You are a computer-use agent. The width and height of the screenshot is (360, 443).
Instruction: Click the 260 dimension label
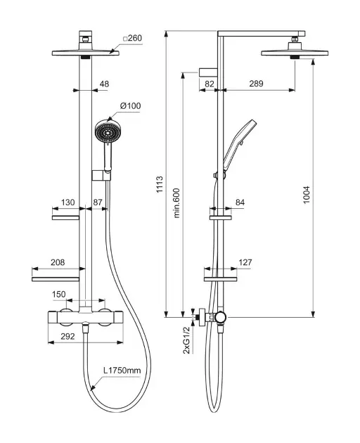click(x=132, y=38)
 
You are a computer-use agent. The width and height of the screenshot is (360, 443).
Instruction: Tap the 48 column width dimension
click(x=104, y=84)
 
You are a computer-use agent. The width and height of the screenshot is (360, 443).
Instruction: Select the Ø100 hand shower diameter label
click(x=130, y=106)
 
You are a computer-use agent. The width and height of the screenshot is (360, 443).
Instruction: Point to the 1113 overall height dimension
click(x=160, y=184)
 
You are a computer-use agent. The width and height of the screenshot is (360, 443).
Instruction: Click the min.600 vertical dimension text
click(x=176, y=203)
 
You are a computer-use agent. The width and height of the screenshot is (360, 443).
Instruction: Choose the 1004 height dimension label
click(x=307, y=195)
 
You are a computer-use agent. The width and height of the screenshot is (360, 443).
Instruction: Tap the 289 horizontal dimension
click(x=256, y=84)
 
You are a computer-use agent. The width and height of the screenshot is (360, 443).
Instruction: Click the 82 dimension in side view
click(x=210, y=84)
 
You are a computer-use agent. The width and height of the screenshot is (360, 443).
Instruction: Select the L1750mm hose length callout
click(x=122, y=371)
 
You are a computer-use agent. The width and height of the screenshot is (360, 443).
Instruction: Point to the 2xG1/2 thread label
click(x=186, y=340)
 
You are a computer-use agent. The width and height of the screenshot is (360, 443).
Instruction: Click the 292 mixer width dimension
click(x=67, y=336)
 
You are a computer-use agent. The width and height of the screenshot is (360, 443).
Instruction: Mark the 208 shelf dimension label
click(x=58, y=262)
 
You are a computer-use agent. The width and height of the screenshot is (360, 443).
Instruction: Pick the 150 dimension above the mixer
click(x=59, y=295)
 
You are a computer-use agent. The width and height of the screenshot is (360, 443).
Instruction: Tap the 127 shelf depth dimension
click(x=245, y=262)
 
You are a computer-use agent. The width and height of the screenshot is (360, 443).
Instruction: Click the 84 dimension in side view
click(x=240, y=203)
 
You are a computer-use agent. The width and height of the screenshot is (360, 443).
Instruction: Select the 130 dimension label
click(x=67, y=203)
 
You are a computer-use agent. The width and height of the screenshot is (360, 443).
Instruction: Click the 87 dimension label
click(x=98, y=203)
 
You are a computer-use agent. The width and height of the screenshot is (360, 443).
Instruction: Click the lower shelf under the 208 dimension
click(x=56, y=279)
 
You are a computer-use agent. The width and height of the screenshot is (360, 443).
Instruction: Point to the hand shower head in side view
click(x=240, y=144)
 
